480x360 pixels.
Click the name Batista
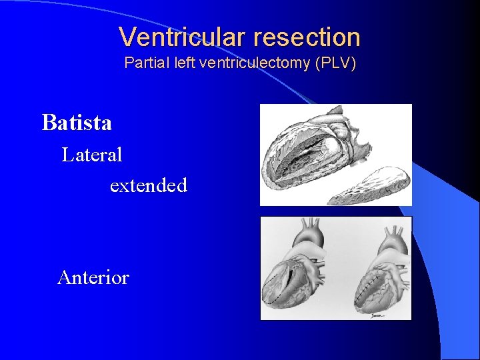pos(77,123)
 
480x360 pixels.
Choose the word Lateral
pos(92,155)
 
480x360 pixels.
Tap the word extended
pos(148,185)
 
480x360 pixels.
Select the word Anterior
pos(93,277)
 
